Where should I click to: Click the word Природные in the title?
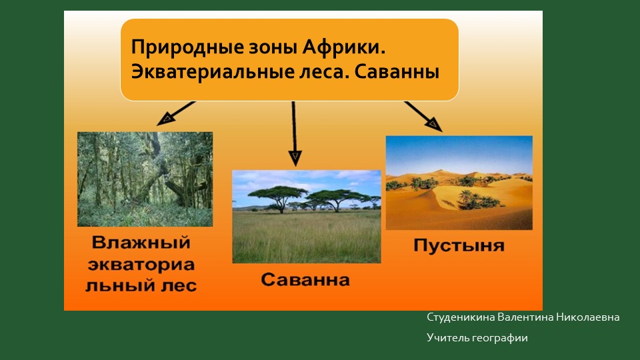pos(187,48)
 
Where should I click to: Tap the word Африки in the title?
pos(344,47)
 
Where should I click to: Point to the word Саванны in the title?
pos(397,72)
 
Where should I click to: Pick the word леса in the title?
pos(329,72)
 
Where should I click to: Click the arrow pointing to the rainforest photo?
pos(176,113)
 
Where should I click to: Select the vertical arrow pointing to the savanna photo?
pos(294,133)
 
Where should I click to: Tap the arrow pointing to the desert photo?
pos(423,116)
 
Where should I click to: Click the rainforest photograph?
pos(145,179)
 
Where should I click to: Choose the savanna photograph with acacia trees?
pos(306,216)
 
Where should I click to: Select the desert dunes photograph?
pos(459,183)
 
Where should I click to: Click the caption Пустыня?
pos(459,246)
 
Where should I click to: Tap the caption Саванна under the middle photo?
pos(305,280)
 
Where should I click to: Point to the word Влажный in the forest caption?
pos(141,242)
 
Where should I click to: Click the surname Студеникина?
pos(461,317)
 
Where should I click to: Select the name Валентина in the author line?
pos(525,317)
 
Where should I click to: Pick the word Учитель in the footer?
pos(448,338)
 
